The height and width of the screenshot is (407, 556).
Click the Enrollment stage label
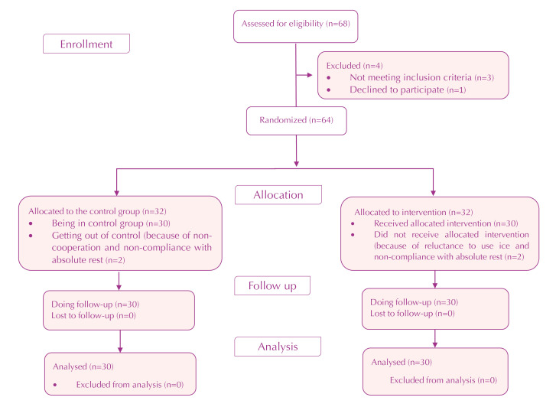coord(86,44)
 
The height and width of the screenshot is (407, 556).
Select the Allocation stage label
coord(278,195)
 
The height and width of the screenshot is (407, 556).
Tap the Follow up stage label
coord(272,285)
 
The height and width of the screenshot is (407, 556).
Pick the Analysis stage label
coord(278,347)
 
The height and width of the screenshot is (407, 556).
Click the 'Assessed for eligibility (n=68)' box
coord(296,26)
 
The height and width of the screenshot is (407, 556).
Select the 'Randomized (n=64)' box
coord(297,121)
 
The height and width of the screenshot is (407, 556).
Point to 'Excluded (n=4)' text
coord(355,66)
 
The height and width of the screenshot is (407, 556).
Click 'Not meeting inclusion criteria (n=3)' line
coord(421,77)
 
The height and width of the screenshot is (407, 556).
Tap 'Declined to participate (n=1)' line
coord(408,90)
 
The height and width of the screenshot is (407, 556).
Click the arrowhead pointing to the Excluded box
coord(310,75)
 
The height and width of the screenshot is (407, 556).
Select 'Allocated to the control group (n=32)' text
coord(98,211)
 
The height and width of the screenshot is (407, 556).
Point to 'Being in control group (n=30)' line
coord(111,223)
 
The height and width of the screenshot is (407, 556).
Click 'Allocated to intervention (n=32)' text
coord(414,212)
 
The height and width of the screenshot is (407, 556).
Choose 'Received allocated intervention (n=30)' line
coord(446,223)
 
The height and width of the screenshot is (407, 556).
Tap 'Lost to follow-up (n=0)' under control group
coord(93,315)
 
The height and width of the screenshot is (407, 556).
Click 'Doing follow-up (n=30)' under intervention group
coord(415,302)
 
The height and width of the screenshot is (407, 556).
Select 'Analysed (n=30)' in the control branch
coord(83,366)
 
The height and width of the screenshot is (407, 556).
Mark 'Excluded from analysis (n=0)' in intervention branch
coord(444,380)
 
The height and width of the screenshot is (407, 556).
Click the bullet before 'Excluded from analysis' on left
coord(55,385)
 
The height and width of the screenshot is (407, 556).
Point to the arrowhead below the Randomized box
coord(297,164)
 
